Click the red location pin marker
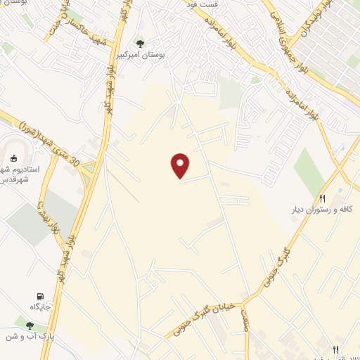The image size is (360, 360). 181,166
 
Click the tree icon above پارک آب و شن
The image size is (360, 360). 30,325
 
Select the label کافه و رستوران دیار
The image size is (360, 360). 323,210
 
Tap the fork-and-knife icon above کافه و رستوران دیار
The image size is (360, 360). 323,199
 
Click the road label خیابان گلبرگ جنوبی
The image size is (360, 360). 207,319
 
